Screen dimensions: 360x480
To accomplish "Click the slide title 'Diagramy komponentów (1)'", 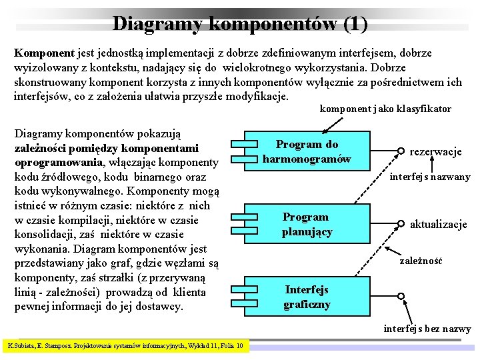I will point(240,24).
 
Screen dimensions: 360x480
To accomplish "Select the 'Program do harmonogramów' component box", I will point(307,152).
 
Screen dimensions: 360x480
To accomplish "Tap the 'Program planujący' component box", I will point(307,225).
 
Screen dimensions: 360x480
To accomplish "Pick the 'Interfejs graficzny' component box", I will point(307,297).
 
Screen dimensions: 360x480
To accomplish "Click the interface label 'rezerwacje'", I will point(435,152).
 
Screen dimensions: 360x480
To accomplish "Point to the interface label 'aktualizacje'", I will point(438,224).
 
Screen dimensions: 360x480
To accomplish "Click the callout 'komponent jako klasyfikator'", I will point(386,109).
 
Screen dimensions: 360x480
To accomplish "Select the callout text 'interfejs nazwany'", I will point(430,177).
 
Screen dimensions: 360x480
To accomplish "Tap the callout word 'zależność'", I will point(421,261).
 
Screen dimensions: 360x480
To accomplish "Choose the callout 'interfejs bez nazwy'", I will point(427,329).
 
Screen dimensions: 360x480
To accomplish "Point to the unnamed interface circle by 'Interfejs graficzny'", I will point(401,297).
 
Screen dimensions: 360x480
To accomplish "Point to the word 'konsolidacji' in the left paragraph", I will point(45,235).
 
